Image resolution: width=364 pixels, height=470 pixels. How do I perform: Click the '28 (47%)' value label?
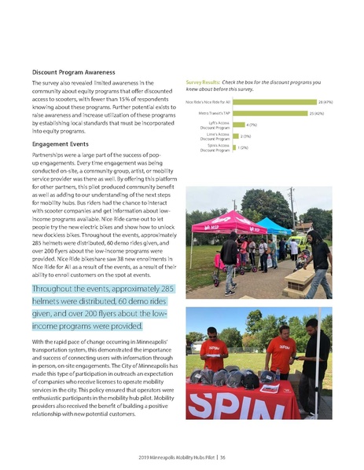325,102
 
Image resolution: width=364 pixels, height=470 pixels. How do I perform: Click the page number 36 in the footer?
223,457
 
